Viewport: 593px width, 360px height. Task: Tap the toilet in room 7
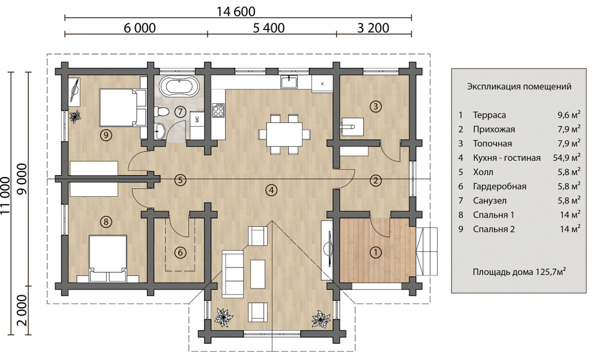pyautogui.click(x=161, y=112)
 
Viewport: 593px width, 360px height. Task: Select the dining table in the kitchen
pyautogui.click(x=284, y=133)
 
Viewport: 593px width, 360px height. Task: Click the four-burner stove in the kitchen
pyautogui.click(x=218, y=110)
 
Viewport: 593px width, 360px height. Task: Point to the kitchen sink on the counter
pyautogui.click(x=289, y=82)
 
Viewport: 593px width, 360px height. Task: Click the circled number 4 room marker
pyautogui.click(x=271, y=190)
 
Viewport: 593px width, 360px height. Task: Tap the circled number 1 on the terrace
pyautogui.click(x=375, y=252)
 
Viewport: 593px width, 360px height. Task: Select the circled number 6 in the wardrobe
pyautogui.click(x=180, y=252)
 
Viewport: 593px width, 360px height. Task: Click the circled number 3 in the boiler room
pyautogui.click(x=376, y=106)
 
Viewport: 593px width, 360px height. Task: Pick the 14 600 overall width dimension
pyautogui.click(x=236, y=11)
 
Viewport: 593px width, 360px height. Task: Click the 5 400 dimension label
pyautogui.click(x=268, y=28)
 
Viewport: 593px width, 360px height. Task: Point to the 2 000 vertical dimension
pyautogui.click(x=22, y=310)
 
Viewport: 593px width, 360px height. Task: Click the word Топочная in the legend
pyautogui.click(x=492, y=143)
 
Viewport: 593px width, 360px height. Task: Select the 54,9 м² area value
pyautogui.click(x=567, y=157)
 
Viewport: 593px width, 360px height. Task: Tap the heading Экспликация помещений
pyautogui.click(x=519, y=86)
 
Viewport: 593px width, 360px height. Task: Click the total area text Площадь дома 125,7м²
pyautogui.click(x=519, y=272)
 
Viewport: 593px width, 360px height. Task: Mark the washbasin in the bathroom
pyautogui.click(x=160, y=130)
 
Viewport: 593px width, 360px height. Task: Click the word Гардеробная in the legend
pyautogui.click(x=499, y=187)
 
